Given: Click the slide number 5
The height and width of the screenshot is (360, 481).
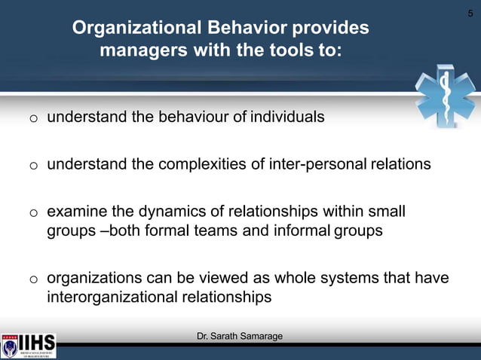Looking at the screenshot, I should pos(470,13).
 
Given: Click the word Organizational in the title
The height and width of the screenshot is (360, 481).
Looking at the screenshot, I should pos(132,29).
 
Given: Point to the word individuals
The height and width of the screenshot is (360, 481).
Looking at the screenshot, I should pos(287,117).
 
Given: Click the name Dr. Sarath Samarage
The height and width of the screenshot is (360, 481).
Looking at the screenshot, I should pos(240,336).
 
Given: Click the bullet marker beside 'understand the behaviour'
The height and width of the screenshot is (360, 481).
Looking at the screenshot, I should pos(34,119).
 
